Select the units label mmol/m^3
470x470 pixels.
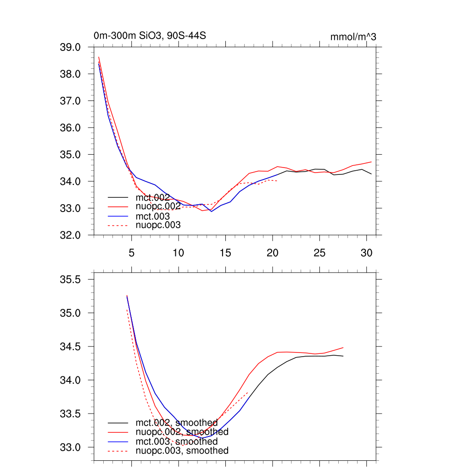pyautogui.click(x=353, y=37)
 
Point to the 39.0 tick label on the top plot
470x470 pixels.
pyautogui.click(x=70, y=47)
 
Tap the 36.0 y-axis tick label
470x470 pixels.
pyautogui.click(x=70, y=128)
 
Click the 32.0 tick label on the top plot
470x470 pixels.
pyautogui.click(x=70, y=235)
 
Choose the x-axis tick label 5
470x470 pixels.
pyautogui.click(x=132, y=253)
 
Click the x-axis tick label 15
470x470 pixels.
pyautogui.click(x=225, y=253)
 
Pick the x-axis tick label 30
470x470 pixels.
pyautogui.click(x=366, y=253)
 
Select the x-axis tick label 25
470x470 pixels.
pyautogui.click(x=319, y=253)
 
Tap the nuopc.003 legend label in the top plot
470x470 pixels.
pyautogui.click(x=158, y=225)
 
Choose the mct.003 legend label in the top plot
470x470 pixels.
pyautogui.click(x=152, y=216)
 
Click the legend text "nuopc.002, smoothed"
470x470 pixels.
pyautogui.click(x=182, y=432)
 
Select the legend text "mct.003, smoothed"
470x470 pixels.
pyautogui.click(x=176, y=442)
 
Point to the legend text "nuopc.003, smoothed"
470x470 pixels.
pyautogui.click(x=182, y=451)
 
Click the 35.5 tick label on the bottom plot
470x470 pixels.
pyautogui.click(x=70, y=280)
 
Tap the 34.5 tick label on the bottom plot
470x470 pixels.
pyautogui.click(x=70, y=347)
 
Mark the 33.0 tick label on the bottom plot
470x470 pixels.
pyautogui.click(x=70, y=447)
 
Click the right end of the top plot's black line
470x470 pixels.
pyautogui.click(x=371, y=174)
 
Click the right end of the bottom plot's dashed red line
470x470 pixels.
pyautogui.click(x=248, y=392)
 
